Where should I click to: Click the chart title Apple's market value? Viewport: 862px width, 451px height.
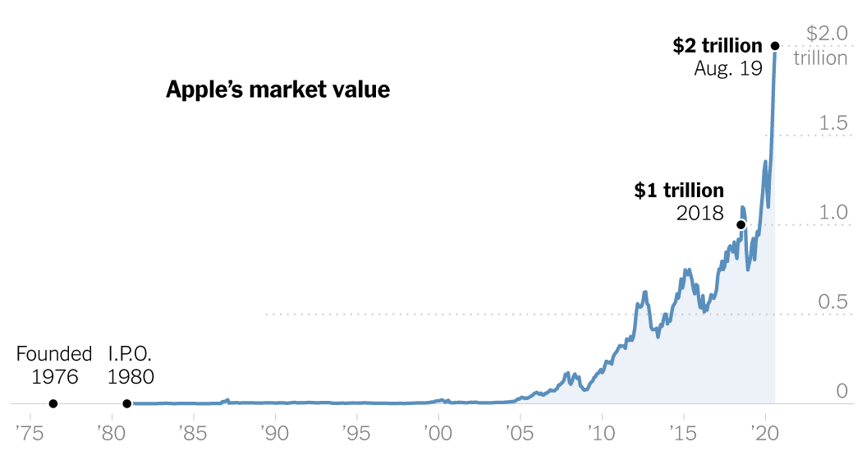point(277,90)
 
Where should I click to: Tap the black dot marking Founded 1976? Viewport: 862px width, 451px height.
point(53,403)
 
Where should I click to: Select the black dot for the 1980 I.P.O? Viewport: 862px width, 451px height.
point(126,403)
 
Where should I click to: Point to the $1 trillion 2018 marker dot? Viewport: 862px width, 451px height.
point(740,224)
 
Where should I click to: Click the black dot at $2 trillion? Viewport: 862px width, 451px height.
point(775,46)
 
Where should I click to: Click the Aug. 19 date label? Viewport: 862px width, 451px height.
point(728,69)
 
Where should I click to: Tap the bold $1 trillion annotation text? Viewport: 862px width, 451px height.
point(679,191)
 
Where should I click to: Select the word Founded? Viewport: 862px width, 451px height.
point(54,355)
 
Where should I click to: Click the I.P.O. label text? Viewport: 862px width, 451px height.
point(131,355)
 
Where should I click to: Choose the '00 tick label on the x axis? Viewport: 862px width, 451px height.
point(438,431)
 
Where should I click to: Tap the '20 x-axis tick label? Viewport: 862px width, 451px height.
point(765,431)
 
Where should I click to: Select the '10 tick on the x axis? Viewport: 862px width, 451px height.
point(602,431)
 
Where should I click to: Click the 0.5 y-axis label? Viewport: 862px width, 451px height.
point(832,301)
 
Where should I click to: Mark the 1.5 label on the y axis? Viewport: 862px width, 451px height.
point(832,123)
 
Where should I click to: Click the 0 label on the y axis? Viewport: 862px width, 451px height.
point(841,391)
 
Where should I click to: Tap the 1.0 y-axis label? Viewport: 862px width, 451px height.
point(832,212)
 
